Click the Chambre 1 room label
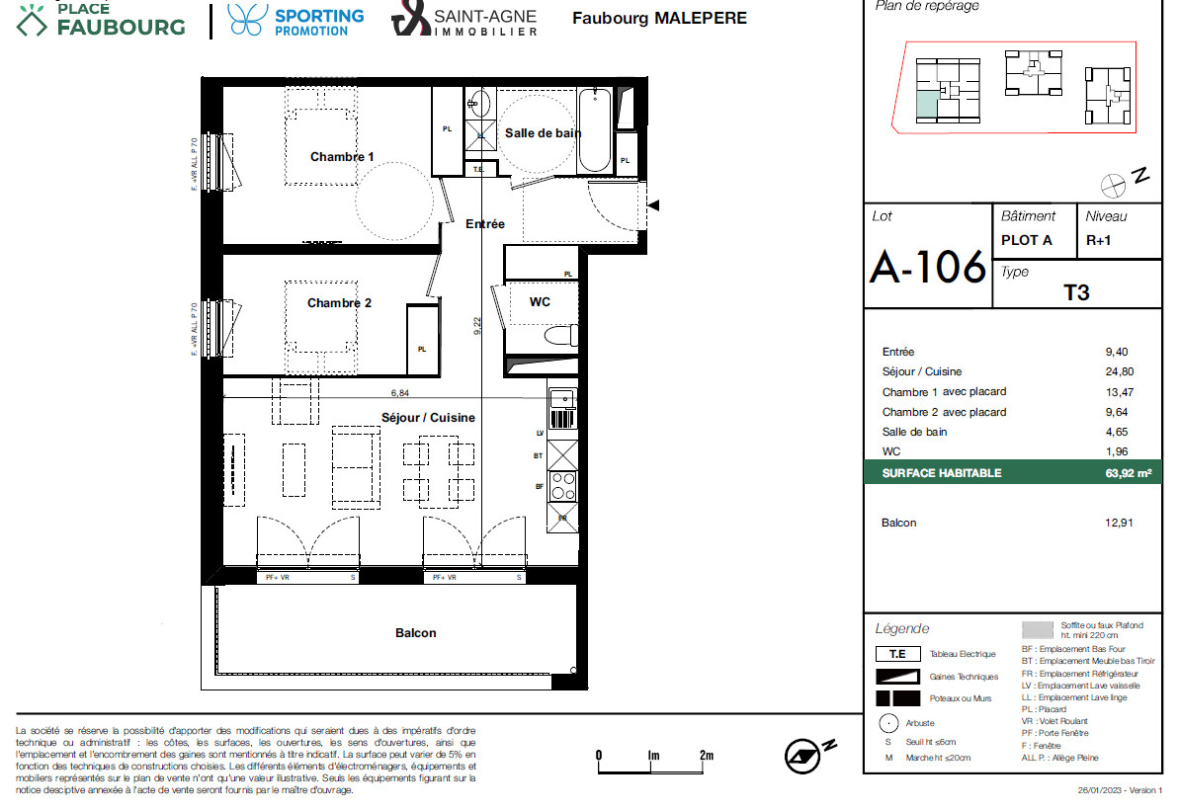pos(342,157)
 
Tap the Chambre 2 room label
pos(339,303)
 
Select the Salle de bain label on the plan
pos(543,133)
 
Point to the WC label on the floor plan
pos(540,302)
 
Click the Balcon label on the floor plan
pos(415,633)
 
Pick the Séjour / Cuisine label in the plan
pos(428,418)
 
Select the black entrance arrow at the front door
pos(653,205)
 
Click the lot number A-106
pos(927,267)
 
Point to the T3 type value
pos(1075,293)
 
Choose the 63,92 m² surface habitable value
pos(1128,474)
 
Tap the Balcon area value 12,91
pos(1117,523)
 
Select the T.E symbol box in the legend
pos(897,654)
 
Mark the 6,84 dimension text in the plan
pos(399,392)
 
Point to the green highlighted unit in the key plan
pos(927,103)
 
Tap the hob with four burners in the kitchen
pos(562,486)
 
